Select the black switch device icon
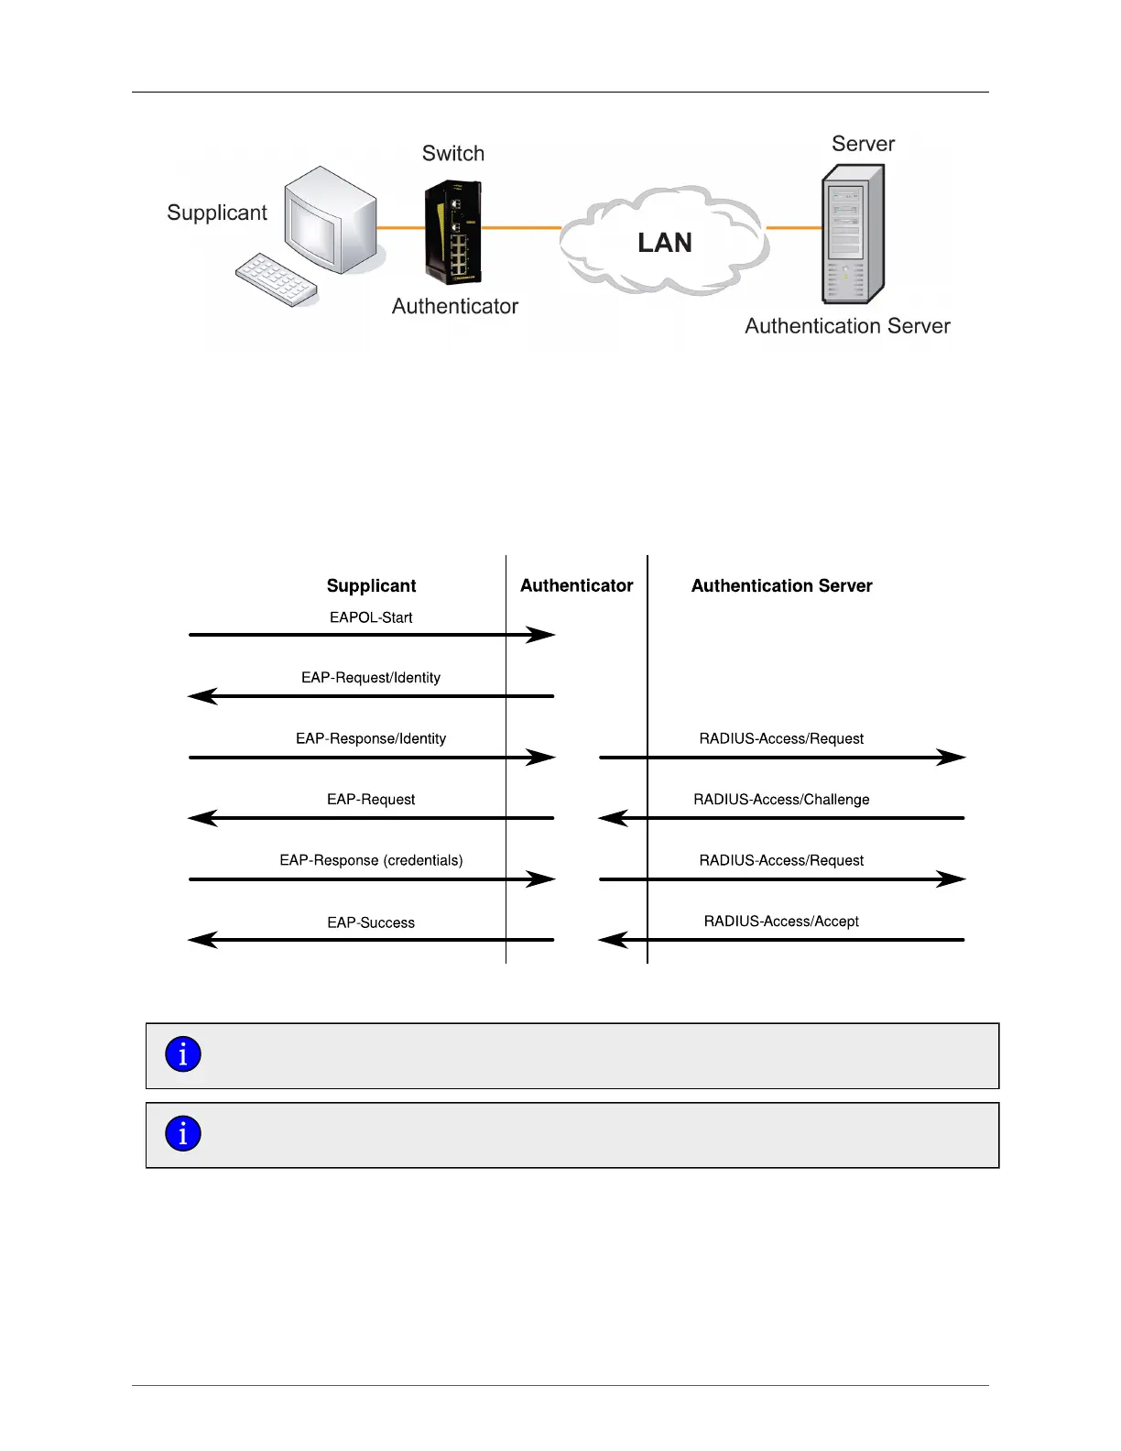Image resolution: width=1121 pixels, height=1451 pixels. (x=452, y=233)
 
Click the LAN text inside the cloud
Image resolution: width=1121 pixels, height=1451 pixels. (x=665, y=243)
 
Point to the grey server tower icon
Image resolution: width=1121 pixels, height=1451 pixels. (x=852, y=235)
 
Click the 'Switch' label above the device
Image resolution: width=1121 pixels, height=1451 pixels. (x=453, y=154)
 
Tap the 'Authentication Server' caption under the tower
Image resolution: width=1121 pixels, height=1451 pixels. (x=847, y=326)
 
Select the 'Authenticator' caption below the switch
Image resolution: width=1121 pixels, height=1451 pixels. (x=455, y=306)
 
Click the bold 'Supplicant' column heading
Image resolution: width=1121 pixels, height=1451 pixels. (x=371, y=586)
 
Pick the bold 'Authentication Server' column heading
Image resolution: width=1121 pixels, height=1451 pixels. (x=781, y=586)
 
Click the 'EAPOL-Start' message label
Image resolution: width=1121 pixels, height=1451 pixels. (x=371, y=617)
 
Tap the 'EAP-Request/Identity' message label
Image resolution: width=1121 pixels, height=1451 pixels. (x=371, y=678)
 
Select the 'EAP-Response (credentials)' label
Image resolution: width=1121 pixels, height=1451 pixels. (x=371, y=860)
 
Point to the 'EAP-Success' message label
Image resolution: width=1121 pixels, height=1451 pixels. (x=371, y=922)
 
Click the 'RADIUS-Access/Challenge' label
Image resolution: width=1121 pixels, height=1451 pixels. (x=781, y=800)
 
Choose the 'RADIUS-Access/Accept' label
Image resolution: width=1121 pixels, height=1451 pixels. (x=781, y=922)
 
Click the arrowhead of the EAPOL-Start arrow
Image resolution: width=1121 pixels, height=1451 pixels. (x=543, y=635)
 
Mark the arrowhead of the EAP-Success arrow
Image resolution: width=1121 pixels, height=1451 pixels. (x=201, y=940)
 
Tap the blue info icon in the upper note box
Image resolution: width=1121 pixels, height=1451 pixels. (x=183, y=1054)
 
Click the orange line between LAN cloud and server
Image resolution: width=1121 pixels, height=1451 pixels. (x=794, y=227)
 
